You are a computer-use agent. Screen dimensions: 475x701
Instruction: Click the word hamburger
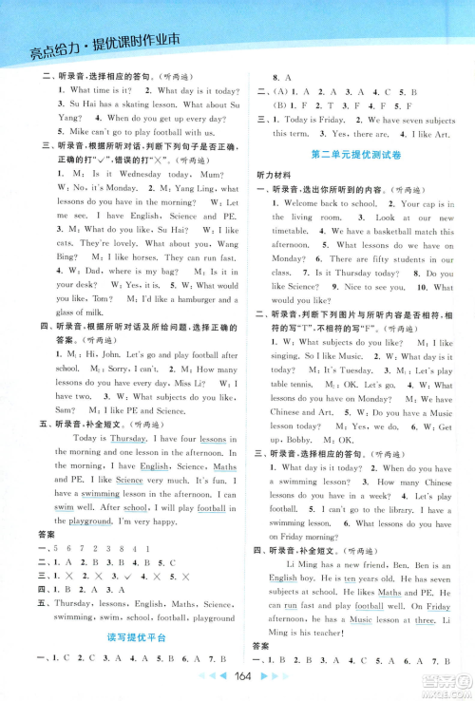click(178, 327)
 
